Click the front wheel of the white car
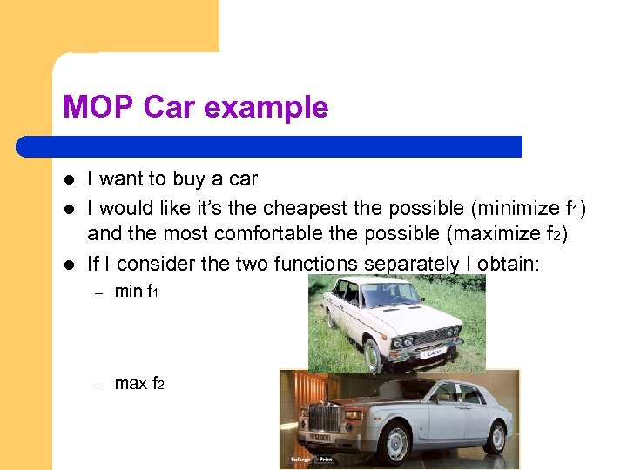pyautogui.click(x=372, y=354)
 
